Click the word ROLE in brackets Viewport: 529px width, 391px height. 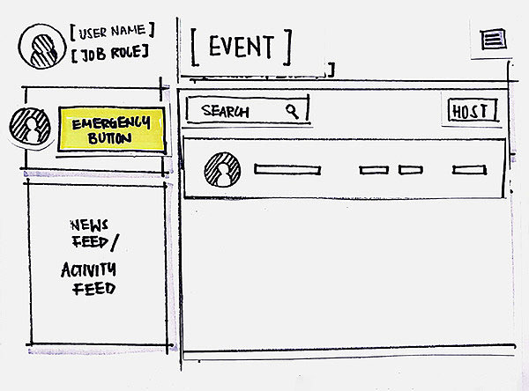[x=127, y=53]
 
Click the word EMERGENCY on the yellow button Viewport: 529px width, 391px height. [x=112, y=123]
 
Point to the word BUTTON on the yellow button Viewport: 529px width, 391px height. [x=111, y=138]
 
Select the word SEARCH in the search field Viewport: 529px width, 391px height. [x=226, y=112]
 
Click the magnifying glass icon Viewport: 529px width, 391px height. [x=293, y=111]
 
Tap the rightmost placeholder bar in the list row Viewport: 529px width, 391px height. [x=465, y=170]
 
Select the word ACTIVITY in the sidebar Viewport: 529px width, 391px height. [x=88, y=270]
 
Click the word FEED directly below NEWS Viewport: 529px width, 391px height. [x=88, y=240]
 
